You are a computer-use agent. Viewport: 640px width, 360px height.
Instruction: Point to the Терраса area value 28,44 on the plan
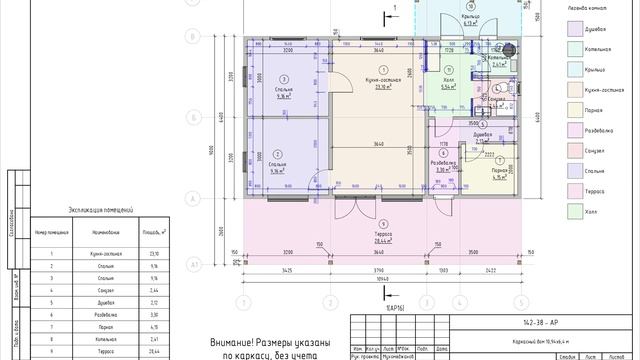click(383, 241)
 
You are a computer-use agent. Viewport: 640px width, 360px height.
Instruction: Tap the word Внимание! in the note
click(231, 342)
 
